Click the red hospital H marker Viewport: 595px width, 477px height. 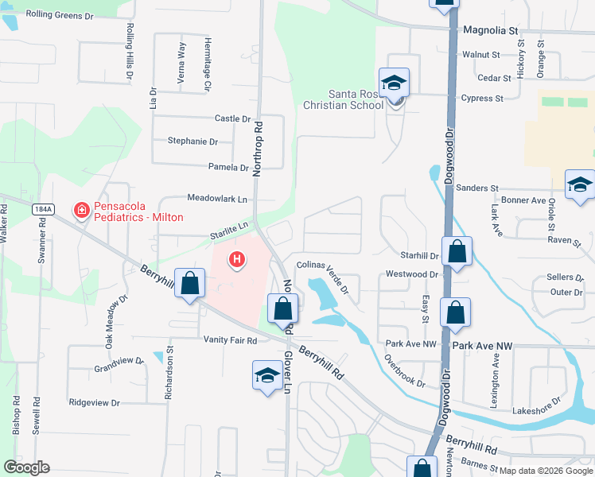coord(236,258)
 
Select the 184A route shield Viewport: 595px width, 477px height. coord(44,209)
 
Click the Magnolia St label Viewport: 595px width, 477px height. coord(490,30)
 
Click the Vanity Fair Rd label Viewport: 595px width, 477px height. coord(229,340)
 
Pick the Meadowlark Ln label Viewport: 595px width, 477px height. coord(217,198)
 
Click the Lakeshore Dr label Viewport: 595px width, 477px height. coord(537,411)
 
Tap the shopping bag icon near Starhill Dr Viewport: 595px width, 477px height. coord(457,253)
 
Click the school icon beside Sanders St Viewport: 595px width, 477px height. coord(580,186)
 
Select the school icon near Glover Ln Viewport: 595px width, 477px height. coord(268,375)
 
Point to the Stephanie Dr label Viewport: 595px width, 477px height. coord(192,141)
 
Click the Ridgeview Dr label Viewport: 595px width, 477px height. coord(94,403)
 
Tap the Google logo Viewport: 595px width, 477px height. coord(26,467)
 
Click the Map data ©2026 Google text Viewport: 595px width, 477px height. coord(546,471)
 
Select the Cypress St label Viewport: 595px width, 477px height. coord(482,99)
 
